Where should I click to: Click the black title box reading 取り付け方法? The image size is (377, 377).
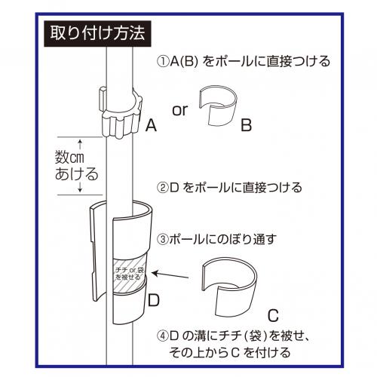tap(97, 34)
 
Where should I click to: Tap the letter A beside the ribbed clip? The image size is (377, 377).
tap(151, 125)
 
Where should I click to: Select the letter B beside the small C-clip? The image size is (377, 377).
tap(246, 125)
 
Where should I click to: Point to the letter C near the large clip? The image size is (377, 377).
tap(273, 316)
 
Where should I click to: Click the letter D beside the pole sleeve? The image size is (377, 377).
tap(154, 300)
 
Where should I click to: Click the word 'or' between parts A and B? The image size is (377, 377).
tap(180, 110)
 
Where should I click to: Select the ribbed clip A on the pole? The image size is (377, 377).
tap(121, 112)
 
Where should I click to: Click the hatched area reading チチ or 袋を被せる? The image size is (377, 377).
tap(129, 274)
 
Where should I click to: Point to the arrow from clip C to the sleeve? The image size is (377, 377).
tap(170, 274)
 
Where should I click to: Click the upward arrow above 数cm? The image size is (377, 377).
tap(80, 145)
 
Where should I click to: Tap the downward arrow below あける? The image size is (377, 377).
tap(80, 188)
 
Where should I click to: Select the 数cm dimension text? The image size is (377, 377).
tap(69, 158)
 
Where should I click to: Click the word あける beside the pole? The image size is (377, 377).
tap(76, 173)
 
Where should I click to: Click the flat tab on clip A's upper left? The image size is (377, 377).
tap(103, 99)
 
